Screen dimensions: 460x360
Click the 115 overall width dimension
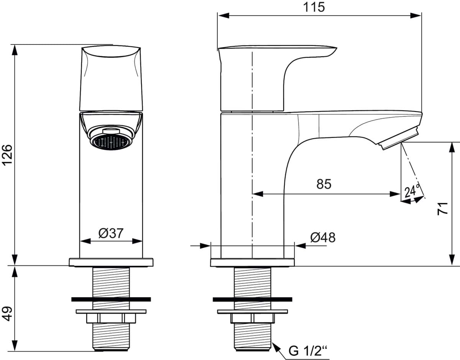pyautogui.click(x=314, y=8)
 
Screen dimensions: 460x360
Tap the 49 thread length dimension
pyautogui.click(x=8, y=314)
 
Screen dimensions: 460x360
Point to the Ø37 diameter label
pyautogui.click(x=111, y=233)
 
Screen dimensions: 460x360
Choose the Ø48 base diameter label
pyautogui.click(x=323, y=237)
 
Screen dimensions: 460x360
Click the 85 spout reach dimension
pyautogui.click(x=324, y=184)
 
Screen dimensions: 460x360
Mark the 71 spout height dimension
pyautogui.click(x=443, y=209)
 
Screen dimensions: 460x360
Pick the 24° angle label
pyautogui.click(x=412, y=190)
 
